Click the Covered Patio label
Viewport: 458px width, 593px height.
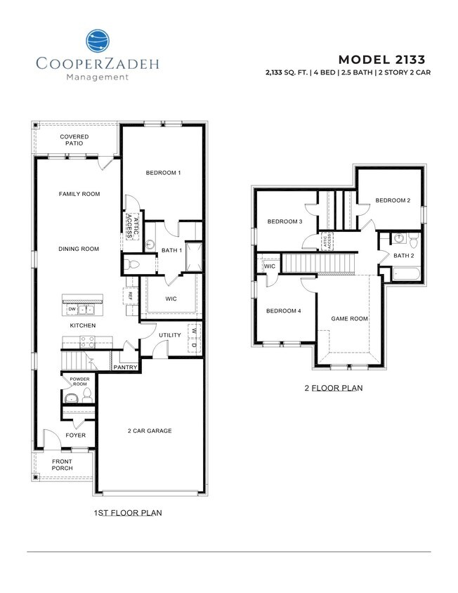point(74,140)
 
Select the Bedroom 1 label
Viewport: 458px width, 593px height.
point(164,173)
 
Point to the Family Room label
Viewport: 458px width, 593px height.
point(79,194)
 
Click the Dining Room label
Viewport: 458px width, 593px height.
point(79,249)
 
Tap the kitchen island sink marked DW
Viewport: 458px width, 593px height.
point(84,308)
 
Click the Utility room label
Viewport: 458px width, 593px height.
point(170,335)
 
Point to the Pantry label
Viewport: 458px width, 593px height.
point(125,367)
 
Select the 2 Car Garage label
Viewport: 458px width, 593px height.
point(149,431)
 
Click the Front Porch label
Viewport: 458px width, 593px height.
point(62,466)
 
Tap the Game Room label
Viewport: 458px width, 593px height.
point(349,318)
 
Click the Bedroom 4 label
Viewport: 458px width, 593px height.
point(283,310)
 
